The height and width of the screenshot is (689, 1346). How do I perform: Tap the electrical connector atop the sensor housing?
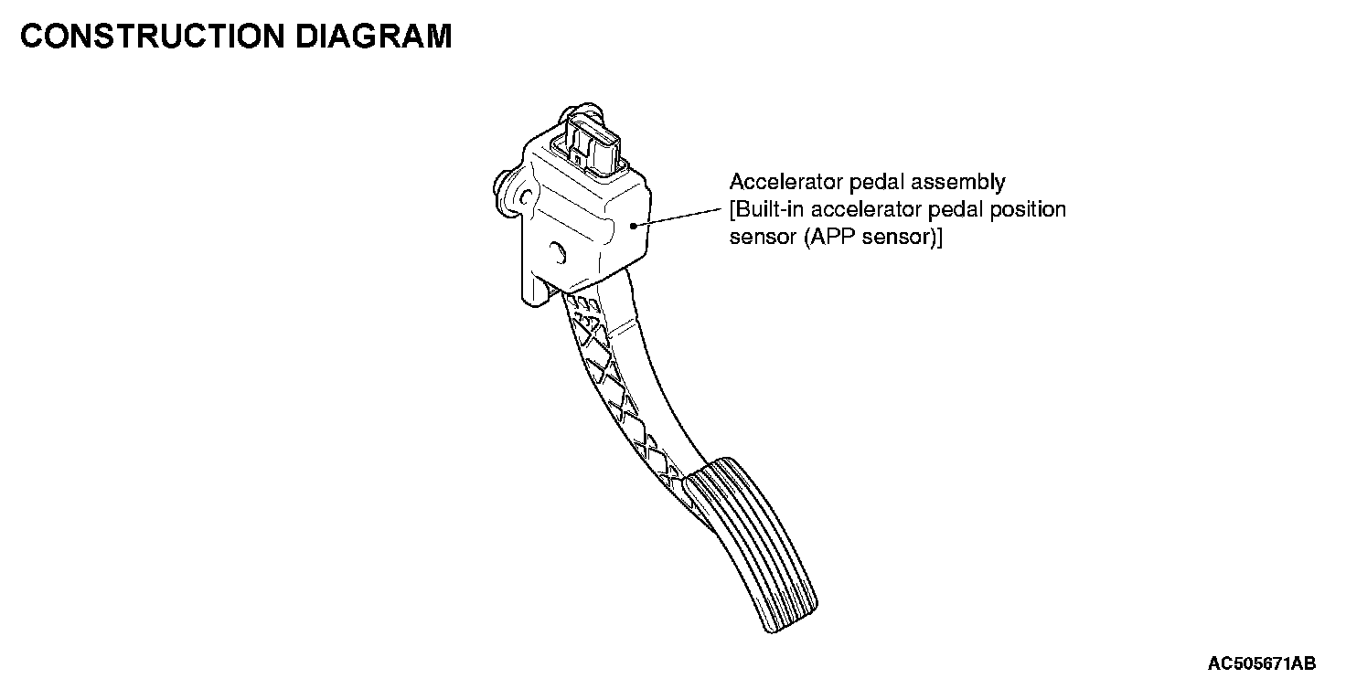pyautogui.click(x=589, y=142)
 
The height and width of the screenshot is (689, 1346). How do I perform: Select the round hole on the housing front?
pyautogui.click(x=557, y=250)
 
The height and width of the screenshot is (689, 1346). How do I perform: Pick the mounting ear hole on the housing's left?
pyautogui.click(x=525, y=196)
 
